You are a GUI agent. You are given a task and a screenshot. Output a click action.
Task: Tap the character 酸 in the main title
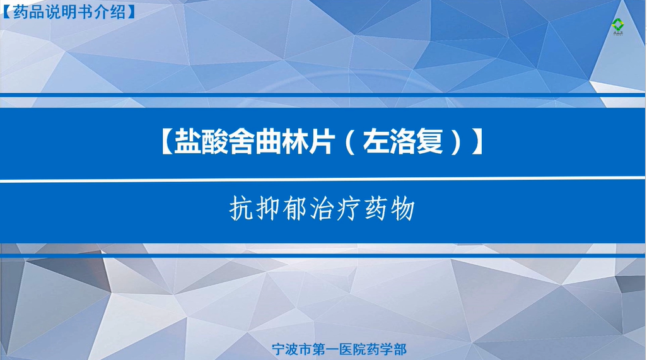tap(215, 141)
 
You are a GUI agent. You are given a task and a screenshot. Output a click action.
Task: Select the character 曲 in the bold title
tap(269, 141)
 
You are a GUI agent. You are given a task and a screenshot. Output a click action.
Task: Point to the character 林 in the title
tap(296, 141)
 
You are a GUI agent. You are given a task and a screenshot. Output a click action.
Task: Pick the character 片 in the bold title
tap(323, 141)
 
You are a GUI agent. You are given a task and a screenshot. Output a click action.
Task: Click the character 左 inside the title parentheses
tap(376, 141)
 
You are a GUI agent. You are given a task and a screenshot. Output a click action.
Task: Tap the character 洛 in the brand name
tap(403, 141)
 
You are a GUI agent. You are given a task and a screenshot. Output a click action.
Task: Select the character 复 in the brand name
tap(429, 141)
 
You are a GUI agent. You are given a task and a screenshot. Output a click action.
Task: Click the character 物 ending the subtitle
tap(402, 208)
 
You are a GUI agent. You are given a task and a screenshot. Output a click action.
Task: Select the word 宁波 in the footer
tap(285, 349)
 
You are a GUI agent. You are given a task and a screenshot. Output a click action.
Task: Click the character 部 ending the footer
tap(400, 349)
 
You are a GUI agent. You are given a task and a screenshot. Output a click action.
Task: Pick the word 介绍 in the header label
tap(112, 12)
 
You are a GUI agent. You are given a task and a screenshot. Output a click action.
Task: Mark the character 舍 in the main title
tap(242, 141)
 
